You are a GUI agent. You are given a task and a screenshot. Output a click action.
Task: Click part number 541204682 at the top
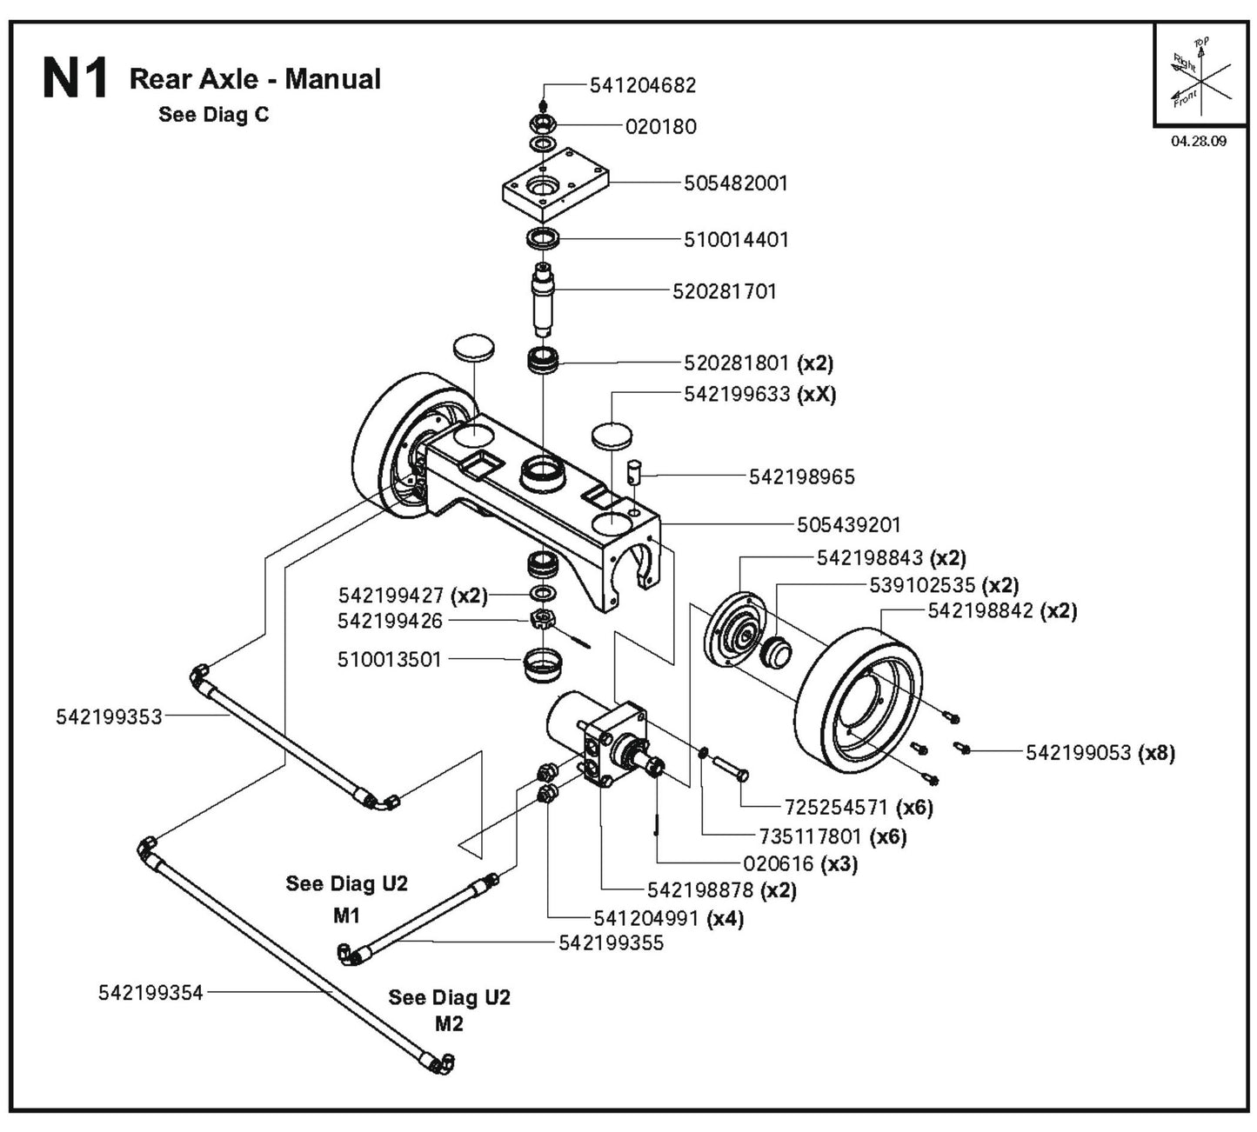pyautogui.click(x=643, y=85)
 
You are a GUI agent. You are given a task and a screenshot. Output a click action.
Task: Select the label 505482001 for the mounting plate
pyautogui.click(x=736, y=183)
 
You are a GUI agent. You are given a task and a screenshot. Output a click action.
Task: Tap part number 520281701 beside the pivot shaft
pyautogui.click(x=724, y=291)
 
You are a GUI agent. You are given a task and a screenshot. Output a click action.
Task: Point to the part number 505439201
pyautogui.click(x=849, y=525)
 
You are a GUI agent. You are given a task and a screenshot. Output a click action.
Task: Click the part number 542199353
pyautogui.click(x=109, y=716)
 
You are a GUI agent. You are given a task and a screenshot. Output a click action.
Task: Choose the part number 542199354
pyautogui.click(x=150, y=992)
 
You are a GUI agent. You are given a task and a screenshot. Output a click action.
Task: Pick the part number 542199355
pyautogui.click(x=611, y=942)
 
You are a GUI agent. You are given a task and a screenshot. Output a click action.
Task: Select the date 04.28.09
pyautogui.click(x=1198, y=141)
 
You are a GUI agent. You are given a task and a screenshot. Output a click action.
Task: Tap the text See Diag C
pyautogui.click(x=214, y=115)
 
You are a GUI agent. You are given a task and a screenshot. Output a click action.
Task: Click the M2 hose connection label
pyautogui.click(x=449, y=1023)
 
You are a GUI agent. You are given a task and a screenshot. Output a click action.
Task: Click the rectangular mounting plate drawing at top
pyautogui.click(x=554, y=187)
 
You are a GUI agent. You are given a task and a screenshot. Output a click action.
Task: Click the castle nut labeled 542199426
pyautogui.click(x=541, y=621)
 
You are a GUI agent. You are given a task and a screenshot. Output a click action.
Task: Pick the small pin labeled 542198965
pyautogui.click(x=635, y=475)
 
